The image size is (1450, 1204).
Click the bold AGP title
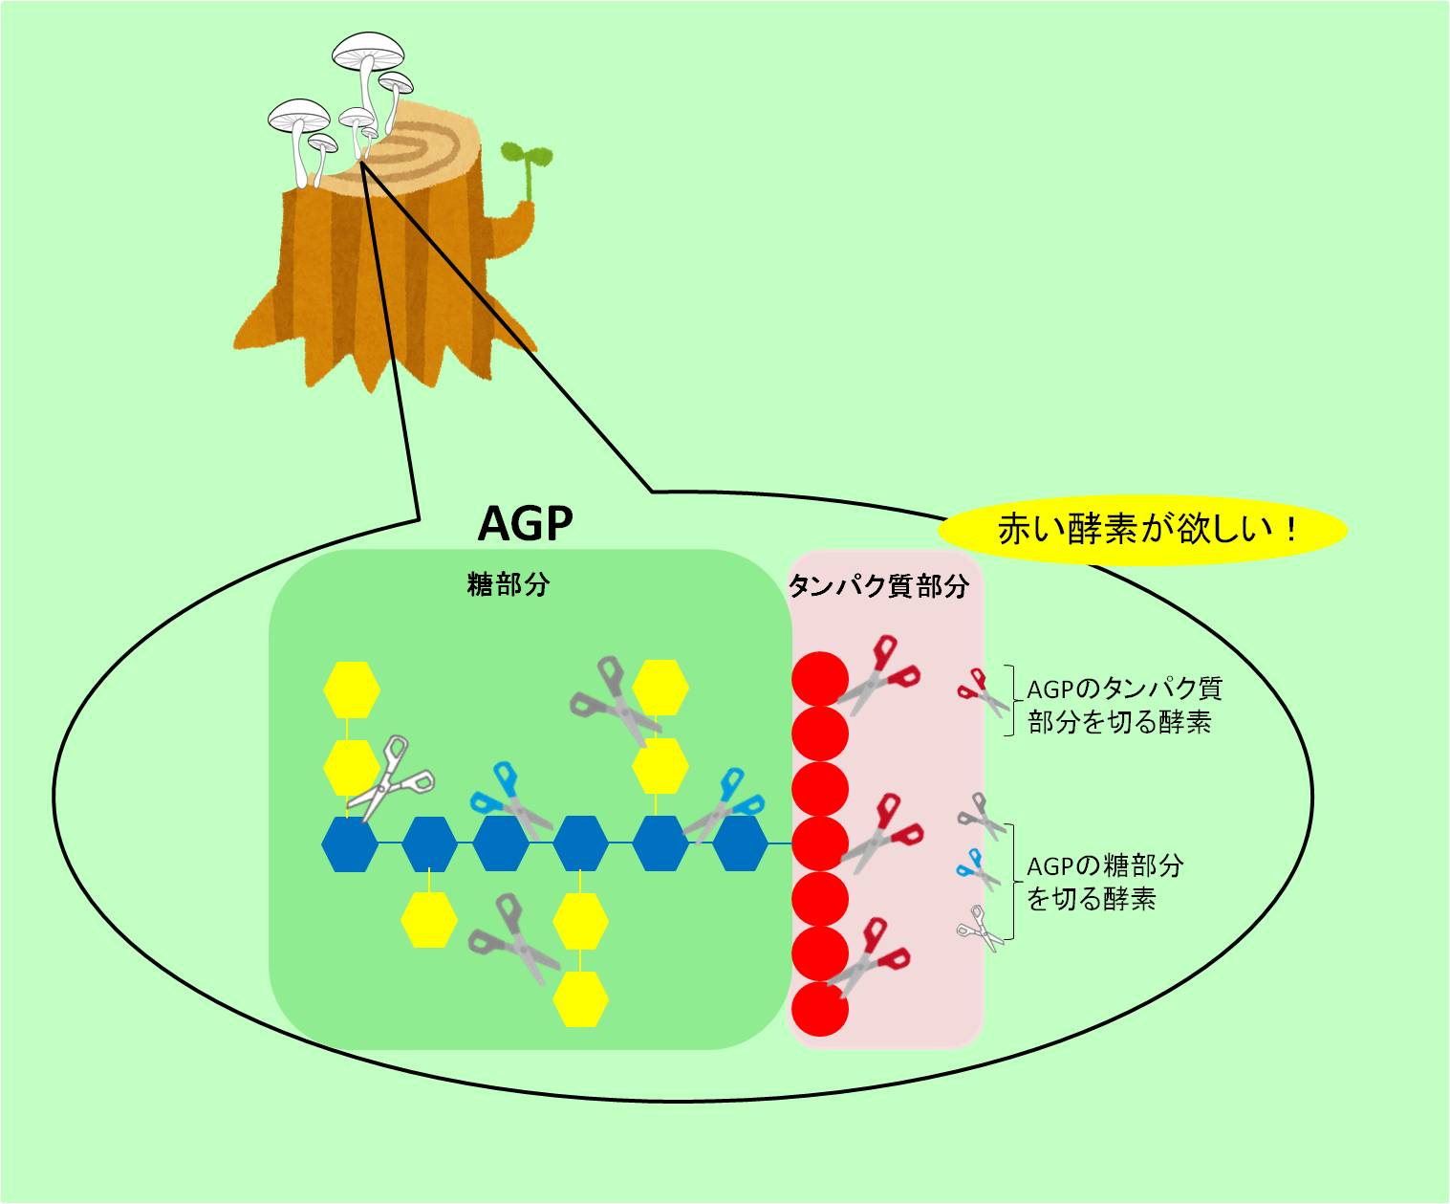click(526, 523)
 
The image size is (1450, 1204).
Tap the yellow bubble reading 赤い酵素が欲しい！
click(1142, 530)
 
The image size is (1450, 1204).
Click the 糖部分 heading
click(509, 585)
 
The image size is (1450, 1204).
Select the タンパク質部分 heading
click(878, 586)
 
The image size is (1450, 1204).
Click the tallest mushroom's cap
click(368, 51)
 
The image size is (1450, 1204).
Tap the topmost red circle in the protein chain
click(820, 679)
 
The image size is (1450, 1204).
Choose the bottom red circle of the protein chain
click(820, 1009)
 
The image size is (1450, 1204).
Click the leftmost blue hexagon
click(349, 843)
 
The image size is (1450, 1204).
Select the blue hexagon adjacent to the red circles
click(740, 843)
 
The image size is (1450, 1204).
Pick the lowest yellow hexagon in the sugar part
click(581, 999)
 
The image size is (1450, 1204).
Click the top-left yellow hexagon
click(352, 690)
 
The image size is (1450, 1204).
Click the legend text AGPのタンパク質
click(1124, 690)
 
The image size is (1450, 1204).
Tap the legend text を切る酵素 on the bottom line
click(1091, 899)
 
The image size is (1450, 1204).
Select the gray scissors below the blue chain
click(514, 939)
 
